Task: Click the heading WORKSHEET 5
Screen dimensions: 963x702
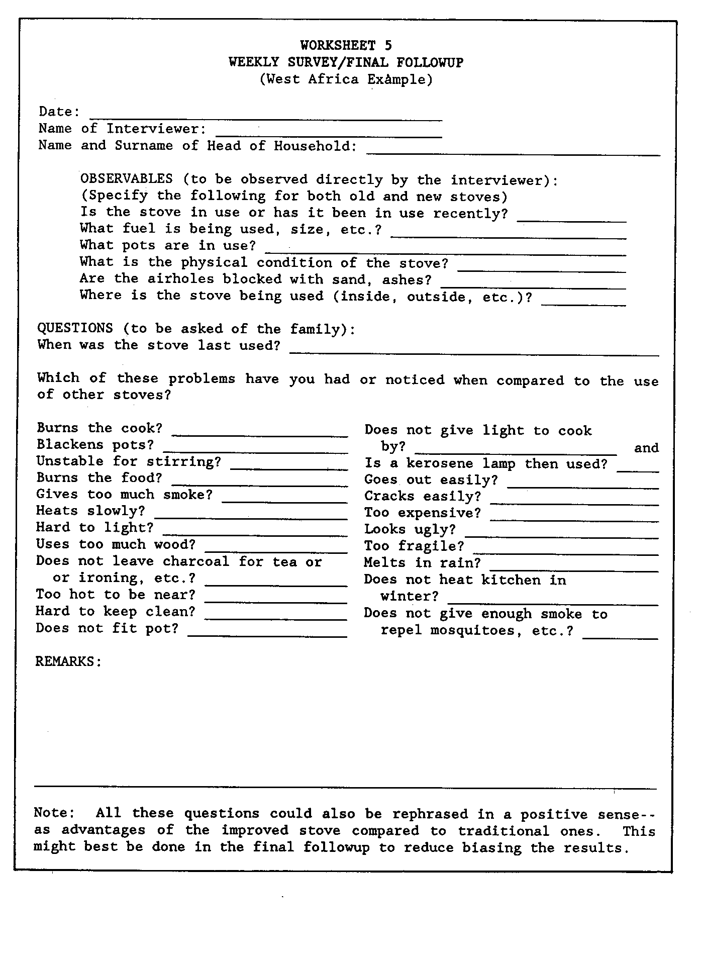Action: (x=346, y=46)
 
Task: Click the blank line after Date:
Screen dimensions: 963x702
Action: (x=266, y=118)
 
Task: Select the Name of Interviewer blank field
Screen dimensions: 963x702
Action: (x=329, y=134)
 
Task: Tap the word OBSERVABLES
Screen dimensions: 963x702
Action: (x=126, y=179)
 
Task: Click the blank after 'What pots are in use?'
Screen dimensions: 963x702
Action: (x=445, y=252)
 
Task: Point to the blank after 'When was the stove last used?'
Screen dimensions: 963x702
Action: (x=474, y=352)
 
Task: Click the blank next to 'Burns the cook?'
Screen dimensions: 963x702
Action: (x=259, y=433)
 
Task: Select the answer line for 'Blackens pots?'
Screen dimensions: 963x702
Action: (x=255, y=450)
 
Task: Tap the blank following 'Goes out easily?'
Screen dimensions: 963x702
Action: (x=582, y=485)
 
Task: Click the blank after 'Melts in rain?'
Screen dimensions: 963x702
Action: (x=573, y=568)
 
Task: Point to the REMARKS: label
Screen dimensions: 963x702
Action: (x=68, y=661)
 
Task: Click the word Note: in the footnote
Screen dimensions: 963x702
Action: (x=54, y=813)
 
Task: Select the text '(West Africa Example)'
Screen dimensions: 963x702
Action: (x=346, y=79)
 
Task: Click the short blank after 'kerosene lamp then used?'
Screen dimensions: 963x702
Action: (x=637, y=468)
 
